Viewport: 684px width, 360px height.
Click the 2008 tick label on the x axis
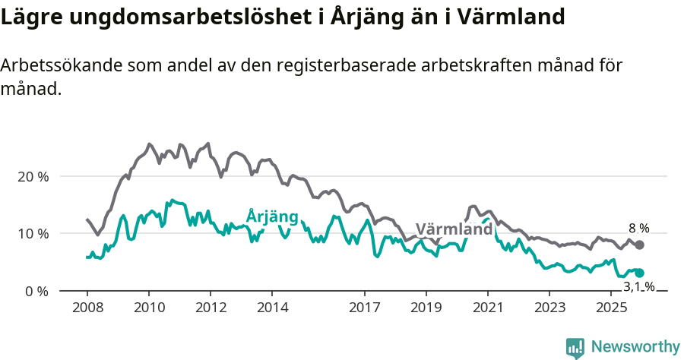(x=87, y=308)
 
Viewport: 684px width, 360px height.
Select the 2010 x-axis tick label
(x=148, y=308)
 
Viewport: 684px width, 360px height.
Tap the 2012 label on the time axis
(x=211, y=308)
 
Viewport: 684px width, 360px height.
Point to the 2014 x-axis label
(x=272, y=308)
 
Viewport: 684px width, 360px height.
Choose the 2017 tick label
(x=365, y=308)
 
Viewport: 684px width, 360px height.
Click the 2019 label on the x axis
(x=426, y=308)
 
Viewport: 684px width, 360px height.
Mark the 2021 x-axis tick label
(x=487, y=308)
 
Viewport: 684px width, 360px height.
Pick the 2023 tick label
(x=549, y=308)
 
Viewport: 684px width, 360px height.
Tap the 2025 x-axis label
(x=611, y=308)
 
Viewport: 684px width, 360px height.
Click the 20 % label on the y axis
(x=33, y=176)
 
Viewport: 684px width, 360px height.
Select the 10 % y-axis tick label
(x=33, y=233)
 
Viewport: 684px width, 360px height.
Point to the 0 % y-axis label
(x=36, y=291)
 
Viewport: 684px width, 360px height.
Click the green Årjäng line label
(x=272, y=216)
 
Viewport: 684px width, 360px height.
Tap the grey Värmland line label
(x=454, y=229)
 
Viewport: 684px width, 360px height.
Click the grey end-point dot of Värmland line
(x=640, y=245)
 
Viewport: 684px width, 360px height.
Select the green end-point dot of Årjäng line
(x=640, y=273)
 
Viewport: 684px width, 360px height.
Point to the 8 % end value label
(x=638, y=228)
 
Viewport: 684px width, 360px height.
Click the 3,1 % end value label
(x=638, y=286)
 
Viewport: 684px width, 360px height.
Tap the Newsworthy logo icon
(x=575, y=347)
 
